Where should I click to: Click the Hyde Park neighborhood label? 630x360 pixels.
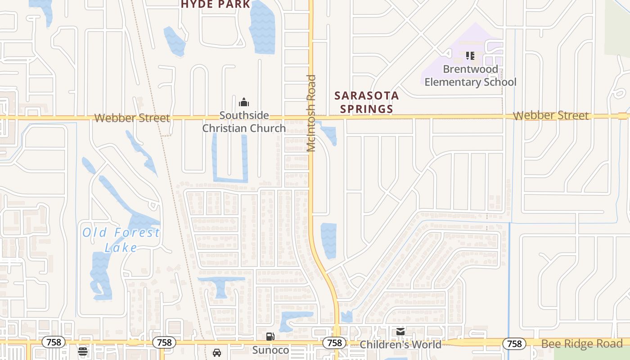[216, 4]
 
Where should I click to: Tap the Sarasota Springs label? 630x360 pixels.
[366, 102]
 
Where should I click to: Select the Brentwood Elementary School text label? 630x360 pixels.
[470, 76]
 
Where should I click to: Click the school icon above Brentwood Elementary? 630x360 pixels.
[470, 56]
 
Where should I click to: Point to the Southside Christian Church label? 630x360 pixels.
[244, 122]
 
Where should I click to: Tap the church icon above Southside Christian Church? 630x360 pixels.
[244, 102]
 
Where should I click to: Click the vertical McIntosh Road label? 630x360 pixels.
[311, 113]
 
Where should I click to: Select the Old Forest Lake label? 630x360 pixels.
[121, 240]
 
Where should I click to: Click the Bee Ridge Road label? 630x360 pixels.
[581, 344]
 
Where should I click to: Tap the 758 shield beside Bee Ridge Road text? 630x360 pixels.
[514, 344]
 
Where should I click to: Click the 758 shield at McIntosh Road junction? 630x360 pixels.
[334, 343]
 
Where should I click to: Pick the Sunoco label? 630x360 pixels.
[270, 350]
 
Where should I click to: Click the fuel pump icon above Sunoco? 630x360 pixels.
[270, 336]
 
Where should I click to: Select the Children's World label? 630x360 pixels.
[400, 345]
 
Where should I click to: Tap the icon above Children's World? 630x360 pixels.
[400, 332]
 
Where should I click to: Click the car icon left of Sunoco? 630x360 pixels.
[217, 352]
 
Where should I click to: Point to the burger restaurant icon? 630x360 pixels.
[82, 351]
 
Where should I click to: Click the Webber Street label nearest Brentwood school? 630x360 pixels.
[550, 116]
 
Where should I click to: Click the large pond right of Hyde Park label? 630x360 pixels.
[262, 27]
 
